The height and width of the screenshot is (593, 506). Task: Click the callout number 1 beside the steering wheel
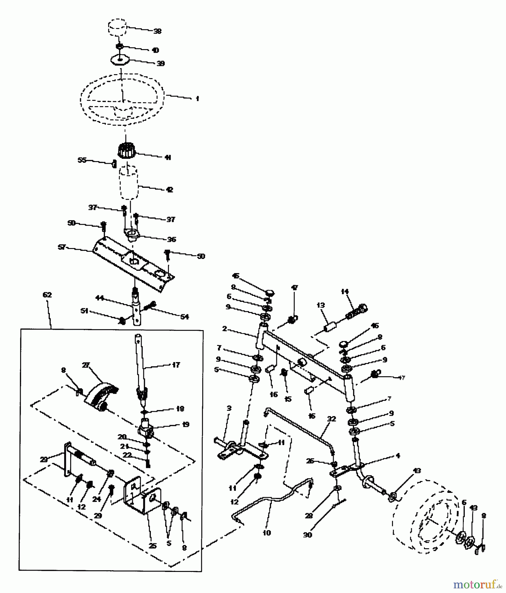coord(197,99)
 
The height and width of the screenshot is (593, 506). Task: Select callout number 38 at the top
coord(157,31)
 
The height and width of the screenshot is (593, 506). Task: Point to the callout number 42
coord(169,190)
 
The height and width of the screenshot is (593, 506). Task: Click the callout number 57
coord(62,247)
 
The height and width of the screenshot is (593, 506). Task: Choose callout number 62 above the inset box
coord(47,295)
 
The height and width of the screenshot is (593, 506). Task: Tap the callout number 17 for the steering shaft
coord(176,365)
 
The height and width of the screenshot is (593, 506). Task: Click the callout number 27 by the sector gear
coord(86,365)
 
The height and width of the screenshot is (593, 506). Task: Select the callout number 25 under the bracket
coord(152,546)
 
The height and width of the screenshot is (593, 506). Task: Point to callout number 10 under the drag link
coord(267,533)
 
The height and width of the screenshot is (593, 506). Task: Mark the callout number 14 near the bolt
coord(345,292)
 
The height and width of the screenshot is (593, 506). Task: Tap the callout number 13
coord(321,305)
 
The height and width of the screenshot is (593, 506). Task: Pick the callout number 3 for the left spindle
coord(229,408)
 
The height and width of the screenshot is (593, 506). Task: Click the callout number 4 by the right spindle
coord(398,456)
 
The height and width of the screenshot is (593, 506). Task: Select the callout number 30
coord(307,535)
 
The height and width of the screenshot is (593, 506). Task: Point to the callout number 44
coord(99,298)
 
